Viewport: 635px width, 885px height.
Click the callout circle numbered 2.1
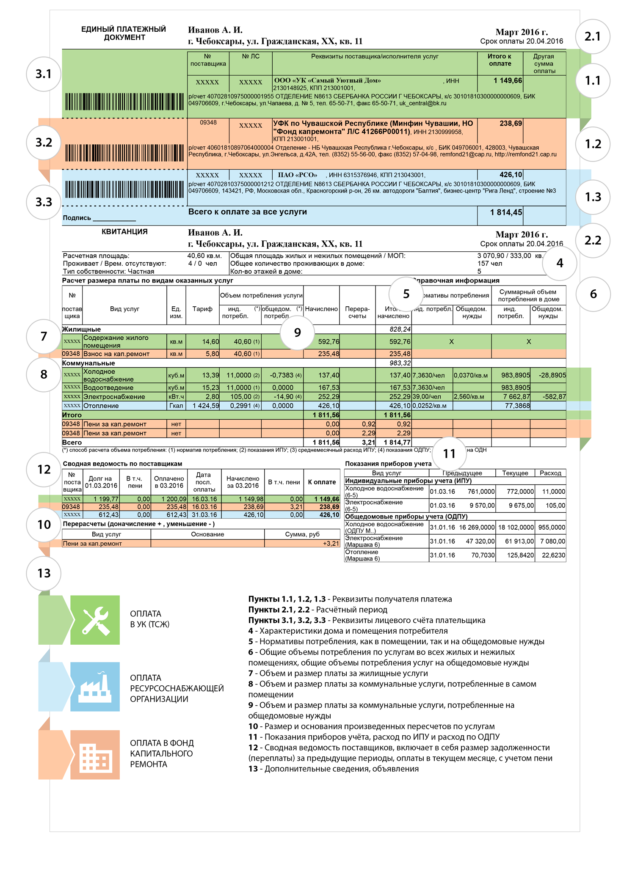[x=593, y=37]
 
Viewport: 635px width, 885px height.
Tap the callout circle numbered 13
[x=44, y=573]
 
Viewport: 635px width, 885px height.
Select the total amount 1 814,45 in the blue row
[x=506, y=212]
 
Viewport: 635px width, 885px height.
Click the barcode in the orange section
[x=124, y=153]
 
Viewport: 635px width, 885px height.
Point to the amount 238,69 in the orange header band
[x=511, y=124]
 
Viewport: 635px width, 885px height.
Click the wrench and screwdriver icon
[x=95, y=620]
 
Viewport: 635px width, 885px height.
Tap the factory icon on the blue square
[x=95, y=687]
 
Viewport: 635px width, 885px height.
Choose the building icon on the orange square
[x=95, y=755]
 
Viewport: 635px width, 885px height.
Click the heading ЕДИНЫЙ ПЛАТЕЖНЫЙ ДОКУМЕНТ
[x=124, y=33]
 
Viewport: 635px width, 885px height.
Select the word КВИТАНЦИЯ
[x=124, y=232]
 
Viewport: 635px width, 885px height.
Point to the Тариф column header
[x=202, y=309]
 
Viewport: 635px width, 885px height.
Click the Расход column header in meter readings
[x=550, y=473]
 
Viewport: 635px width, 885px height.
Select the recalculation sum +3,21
[x=331, y=544]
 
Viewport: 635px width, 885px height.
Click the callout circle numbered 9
[x=297, y=333]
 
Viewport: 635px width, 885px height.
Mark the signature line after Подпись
[x=114, y=219]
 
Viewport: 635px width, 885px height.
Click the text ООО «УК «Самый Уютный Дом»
[x=327, y=80]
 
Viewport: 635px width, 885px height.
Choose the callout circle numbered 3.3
[x=44, y=202]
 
